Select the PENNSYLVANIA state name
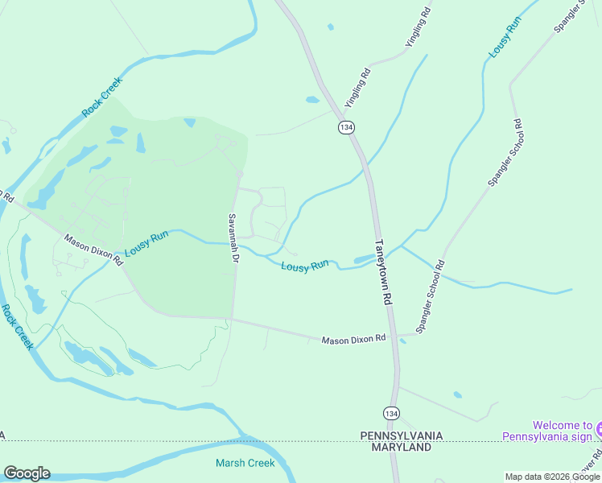401,436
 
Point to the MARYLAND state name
401,447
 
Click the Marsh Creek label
245,463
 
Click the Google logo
27,473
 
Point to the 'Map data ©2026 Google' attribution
552,477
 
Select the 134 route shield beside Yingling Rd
346,128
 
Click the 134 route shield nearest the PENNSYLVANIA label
391,413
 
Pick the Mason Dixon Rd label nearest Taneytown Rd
354,341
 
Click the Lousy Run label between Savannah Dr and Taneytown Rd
305,266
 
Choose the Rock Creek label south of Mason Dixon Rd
17,326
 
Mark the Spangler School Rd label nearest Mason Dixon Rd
430,296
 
